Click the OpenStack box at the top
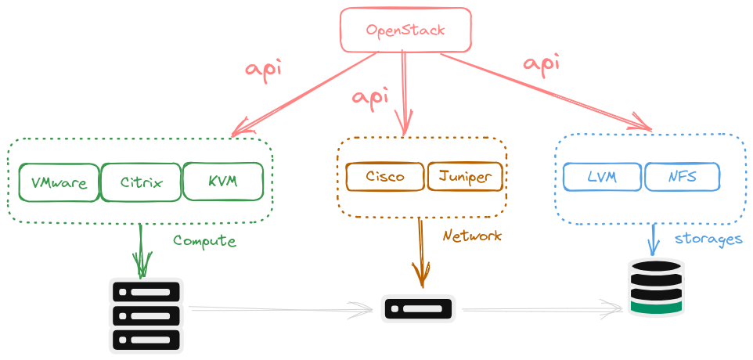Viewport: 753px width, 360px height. click(405, 31)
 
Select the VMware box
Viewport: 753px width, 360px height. click(59, 183)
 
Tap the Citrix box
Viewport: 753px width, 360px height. click(142, 183)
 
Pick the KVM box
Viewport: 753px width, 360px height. click(223, 181)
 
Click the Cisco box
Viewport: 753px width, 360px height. click(385, 176)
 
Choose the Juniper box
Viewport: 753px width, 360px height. click(464, 176)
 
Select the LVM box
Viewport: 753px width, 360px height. click(602, 177)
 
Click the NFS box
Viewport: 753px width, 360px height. click(682, 177)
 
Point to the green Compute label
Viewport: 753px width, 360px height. click(204, 241)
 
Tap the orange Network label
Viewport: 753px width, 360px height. click(472, 236)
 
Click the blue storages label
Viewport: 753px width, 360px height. click(708, 239)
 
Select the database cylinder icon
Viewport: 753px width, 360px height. click(657, 287)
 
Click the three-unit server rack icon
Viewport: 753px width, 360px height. click(146, 315)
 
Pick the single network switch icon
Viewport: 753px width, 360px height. click(418, 308)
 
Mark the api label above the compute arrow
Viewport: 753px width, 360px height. click(263, 68)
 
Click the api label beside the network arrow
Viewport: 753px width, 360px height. click(370, 97)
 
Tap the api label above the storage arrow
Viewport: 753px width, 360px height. click(541, 63)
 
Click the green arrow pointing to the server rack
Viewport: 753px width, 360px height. click(142, 250)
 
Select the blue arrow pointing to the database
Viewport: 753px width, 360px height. click(652, 239)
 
